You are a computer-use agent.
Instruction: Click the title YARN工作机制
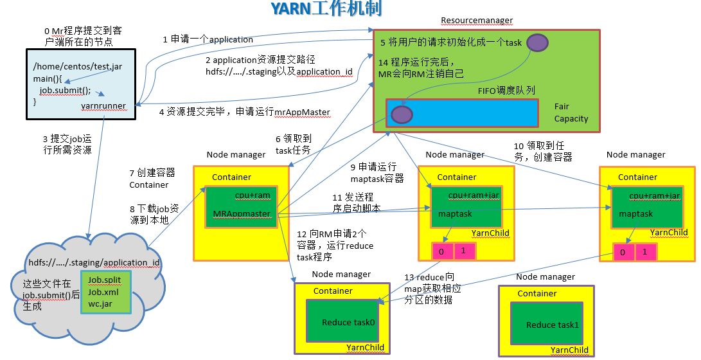pyautogui.click(x=325, y=8)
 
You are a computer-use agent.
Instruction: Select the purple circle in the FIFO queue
pyautogui.click(x=402, y=114)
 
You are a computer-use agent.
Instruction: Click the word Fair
pyautogui.click(x=562, y=106)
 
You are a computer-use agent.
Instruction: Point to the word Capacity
pyautogui.click(x=571, y=118)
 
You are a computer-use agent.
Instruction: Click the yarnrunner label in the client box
pyautogui.click(x=103, y=105)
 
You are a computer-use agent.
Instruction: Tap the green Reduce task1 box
pyautogui.click(x=552, y=325)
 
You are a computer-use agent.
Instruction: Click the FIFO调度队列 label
pyautogui.click(x=506, y=91)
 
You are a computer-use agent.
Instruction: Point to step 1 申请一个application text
pyautogui.click(x=208, y=39)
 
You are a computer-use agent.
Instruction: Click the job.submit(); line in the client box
pyautogui.click(x=65, y=90)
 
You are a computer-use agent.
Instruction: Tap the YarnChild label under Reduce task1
pyautogui.click(x=569, y=350)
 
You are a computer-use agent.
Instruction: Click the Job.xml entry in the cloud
pyautogui.click(x=103, y=292)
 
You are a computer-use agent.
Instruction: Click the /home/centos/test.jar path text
pyautogui.click(x=77, y=67)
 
